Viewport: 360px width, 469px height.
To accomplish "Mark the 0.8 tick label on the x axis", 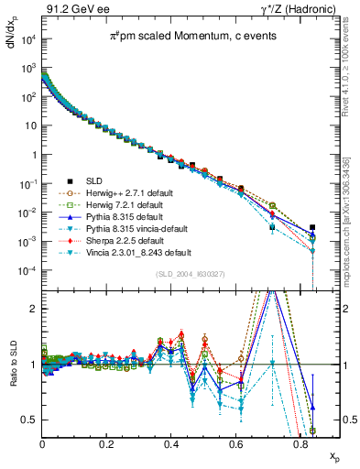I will [x=301, y=442].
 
